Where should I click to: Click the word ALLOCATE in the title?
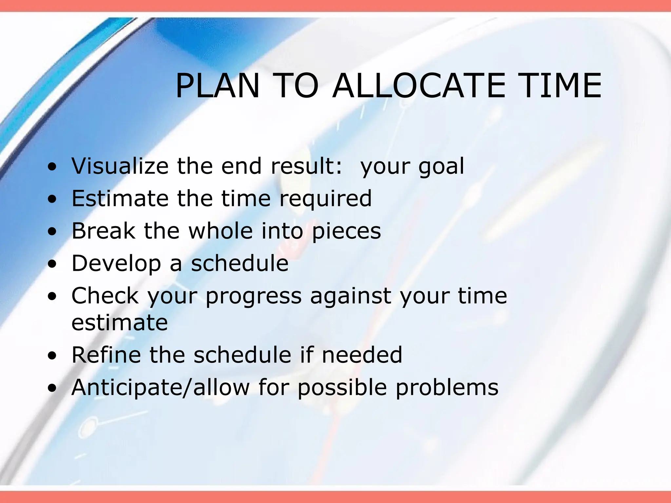pos(419,86)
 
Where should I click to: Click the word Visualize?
pos(120,166)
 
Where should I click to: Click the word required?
pos(325,199)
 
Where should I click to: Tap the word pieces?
pos(346,231)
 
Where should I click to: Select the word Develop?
pos(116,263)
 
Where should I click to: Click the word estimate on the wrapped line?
pos(120,323)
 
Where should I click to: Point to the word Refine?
pos(106,355)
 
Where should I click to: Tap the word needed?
pos(362,355)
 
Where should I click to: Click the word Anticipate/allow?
pos(161,387)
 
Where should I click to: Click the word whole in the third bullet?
pos(220,231)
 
